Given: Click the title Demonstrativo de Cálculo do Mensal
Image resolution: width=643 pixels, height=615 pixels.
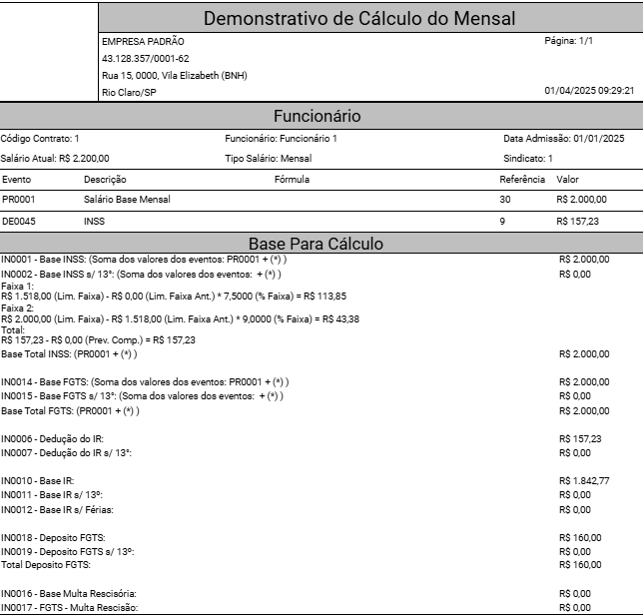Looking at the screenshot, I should click(359, 18).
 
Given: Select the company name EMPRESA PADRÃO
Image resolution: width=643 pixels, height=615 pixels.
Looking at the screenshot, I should click(143, 42).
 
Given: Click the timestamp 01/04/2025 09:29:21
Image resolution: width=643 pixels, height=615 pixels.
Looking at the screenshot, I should click(589, 91).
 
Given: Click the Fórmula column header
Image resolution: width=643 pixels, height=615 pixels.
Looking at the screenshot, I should click(292, 180).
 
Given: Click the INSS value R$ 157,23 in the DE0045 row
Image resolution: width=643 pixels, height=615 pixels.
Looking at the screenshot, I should click(580, 221).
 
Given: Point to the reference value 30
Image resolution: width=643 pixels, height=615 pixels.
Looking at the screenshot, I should click(504, 200).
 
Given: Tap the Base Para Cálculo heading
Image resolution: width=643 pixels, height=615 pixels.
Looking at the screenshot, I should click(316, 244).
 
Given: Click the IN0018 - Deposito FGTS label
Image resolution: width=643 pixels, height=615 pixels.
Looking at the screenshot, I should click(66, 537).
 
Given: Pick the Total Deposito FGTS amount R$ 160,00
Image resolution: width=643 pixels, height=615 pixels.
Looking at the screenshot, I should click(580, 565).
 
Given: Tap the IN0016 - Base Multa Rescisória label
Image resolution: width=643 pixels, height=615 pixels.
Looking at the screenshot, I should click(69, 594).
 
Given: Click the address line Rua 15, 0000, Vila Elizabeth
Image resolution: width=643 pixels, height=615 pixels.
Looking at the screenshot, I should click(175, 76).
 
